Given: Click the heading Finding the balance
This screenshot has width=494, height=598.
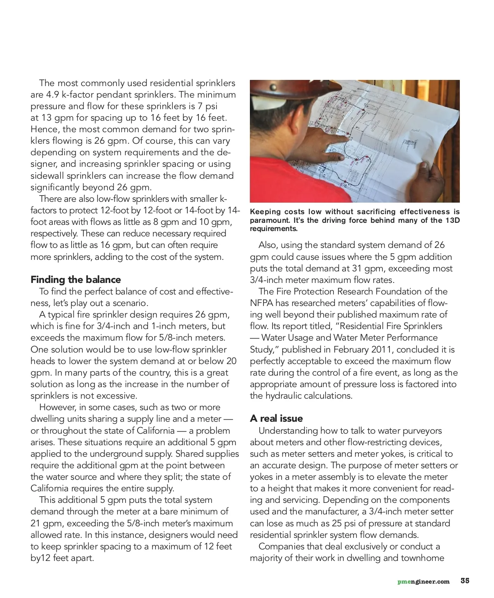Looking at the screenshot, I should click(x=76, y=280).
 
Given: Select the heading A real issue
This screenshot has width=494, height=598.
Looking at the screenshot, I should click(x=276, y=418).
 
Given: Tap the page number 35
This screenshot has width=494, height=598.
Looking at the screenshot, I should click(x=465, y=581).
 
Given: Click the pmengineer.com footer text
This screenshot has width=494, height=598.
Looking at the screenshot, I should click(x=423, y=582).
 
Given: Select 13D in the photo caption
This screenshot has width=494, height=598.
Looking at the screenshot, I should click(x=450, y=220).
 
